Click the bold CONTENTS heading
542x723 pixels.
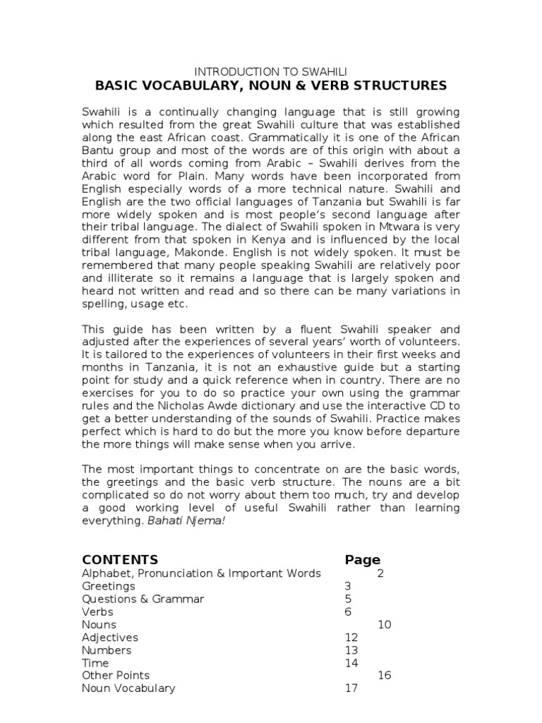120,559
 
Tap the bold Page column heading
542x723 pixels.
362,559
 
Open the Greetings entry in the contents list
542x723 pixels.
109,586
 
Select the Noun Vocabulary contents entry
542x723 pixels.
128,688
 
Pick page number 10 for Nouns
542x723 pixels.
384,625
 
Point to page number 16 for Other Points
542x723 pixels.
384,676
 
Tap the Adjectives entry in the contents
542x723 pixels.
110,638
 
